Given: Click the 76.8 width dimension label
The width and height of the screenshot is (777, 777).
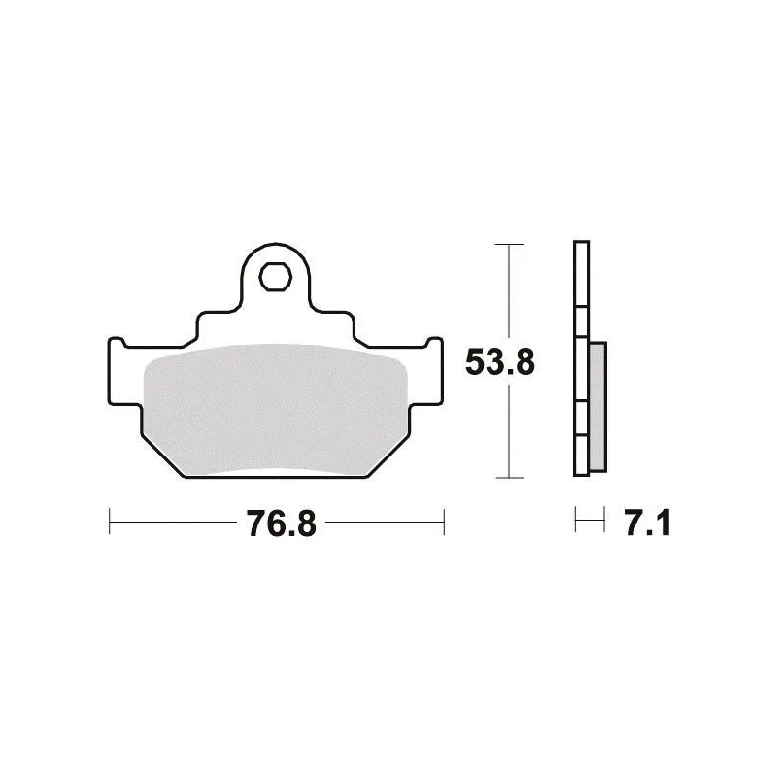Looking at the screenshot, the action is tap(282, 524).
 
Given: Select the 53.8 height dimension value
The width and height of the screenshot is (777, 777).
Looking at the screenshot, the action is tap(500, 362).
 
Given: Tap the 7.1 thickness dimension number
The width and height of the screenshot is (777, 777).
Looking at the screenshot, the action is tap(648, 524).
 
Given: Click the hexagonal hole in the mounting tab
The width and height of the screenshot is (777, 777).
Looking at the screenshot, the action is tap(275, 277).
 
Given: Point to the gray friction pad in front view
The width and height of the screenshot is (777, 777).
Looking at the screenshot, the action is tap(275, 410).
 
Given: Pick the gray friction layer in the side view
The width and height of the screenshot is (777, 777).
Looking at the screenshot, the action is tap(597, 406).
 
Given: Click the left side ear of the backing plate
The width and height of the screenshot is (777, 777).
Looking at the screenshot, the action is tap(124, 372).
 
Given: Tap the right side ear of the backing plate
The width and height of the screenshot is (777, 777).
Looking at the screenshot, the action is tap(426, 372).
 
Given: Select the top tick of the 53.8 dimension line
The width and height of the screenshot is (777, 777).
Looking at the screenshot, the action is tap(509, 245).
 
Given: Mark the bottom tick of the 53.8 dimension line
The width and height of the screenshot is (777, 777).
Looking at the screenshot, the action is tap(510, 478).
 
